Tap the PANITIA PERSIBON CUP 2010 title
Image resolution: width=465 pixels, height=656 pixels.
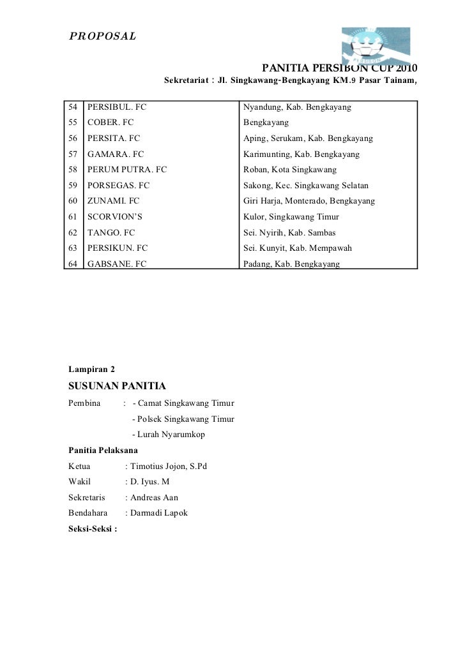[340, 68]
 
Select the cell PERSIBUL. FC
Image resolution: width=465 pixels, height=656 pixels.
[117, 108]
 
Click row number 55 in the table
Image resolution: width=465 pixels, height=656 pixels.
[73, 123]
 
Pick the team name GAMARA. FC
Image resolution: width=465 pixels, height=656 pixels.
[116, 154]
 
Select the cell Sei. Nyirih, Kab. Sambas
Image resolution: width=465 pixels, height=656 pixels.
[289, 232]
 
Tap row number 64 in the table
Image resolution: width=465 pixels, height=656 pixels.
[73, 264]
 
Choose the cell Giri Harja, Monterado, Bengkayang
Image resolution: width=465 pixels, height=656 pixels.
[309, 201]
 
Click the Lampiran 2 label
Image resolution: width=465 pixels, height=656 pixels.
[91, 369]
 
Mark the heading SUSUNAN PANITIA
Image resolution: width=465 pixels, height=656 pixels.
[117, 386]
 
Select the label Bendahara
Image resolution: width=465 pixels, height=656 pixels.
[88, 512]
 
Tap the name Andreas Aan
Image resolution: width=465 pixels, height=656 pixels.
[154, 497]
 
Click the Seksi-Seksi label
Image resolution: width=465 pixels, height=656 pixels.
[93, 528]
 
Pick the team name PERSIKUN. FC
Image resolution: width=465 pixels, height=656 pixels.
[118, 248]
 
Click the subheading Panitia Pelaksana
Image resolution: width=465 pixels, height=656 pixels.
[103, 451]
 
